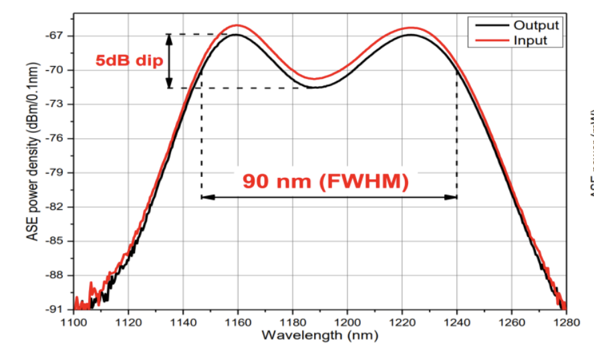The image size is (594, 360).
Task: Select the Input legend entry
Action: pos(531,40)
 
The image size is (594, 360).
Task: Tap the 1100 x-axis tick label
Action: pos(73,322)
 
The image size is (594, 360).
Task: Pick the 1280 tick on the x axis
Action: pos(565,322)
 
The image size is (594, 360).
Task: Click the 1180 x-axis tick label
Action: pos(292,322)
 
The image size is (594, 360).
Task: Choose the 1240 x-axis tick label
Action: pos(456,322)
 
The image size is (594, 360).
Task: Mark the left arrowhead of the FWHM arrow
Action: pos(205,197)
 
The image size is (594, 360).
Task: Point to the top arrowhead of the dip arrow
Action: pos(169,38)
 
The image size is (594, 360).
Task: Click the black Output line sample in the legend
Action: pos(490,25)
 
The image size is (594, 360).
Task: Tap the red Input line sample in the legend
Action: pos(490,40)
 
